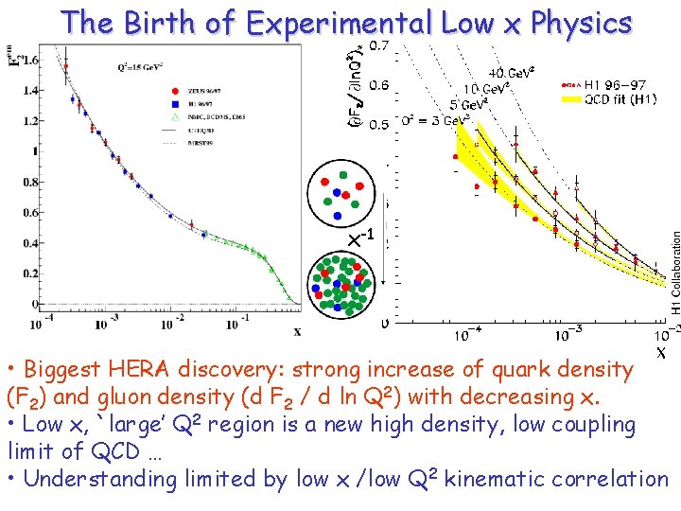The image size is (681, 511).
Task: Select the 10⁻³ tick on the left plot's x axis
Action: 105,325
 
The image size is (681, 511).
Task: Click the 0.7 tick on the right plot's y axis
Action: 377,44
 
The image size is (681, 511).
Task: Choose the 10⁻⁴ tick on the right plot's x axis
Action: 464,335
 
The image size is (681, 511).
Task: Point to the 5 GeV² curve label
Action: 468,104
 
